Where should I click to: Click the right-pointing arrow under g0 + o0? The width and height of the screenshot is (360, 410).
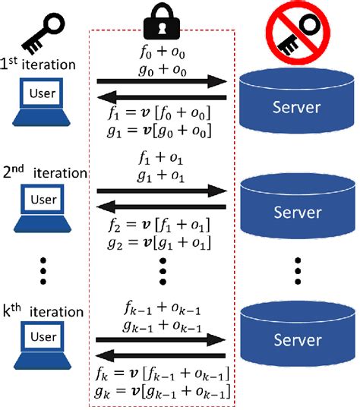click(x=161, y=81)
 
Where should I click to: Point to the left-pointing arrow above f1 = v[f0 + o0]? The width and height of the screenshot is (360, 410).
click(x=161, y=97)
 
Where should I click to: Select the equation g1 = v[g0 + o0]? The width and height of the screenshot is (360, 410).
click(x=161, y=130)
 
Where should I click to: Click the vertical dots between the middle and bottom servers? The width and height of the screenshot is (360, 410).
click(x=297, y=271)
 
